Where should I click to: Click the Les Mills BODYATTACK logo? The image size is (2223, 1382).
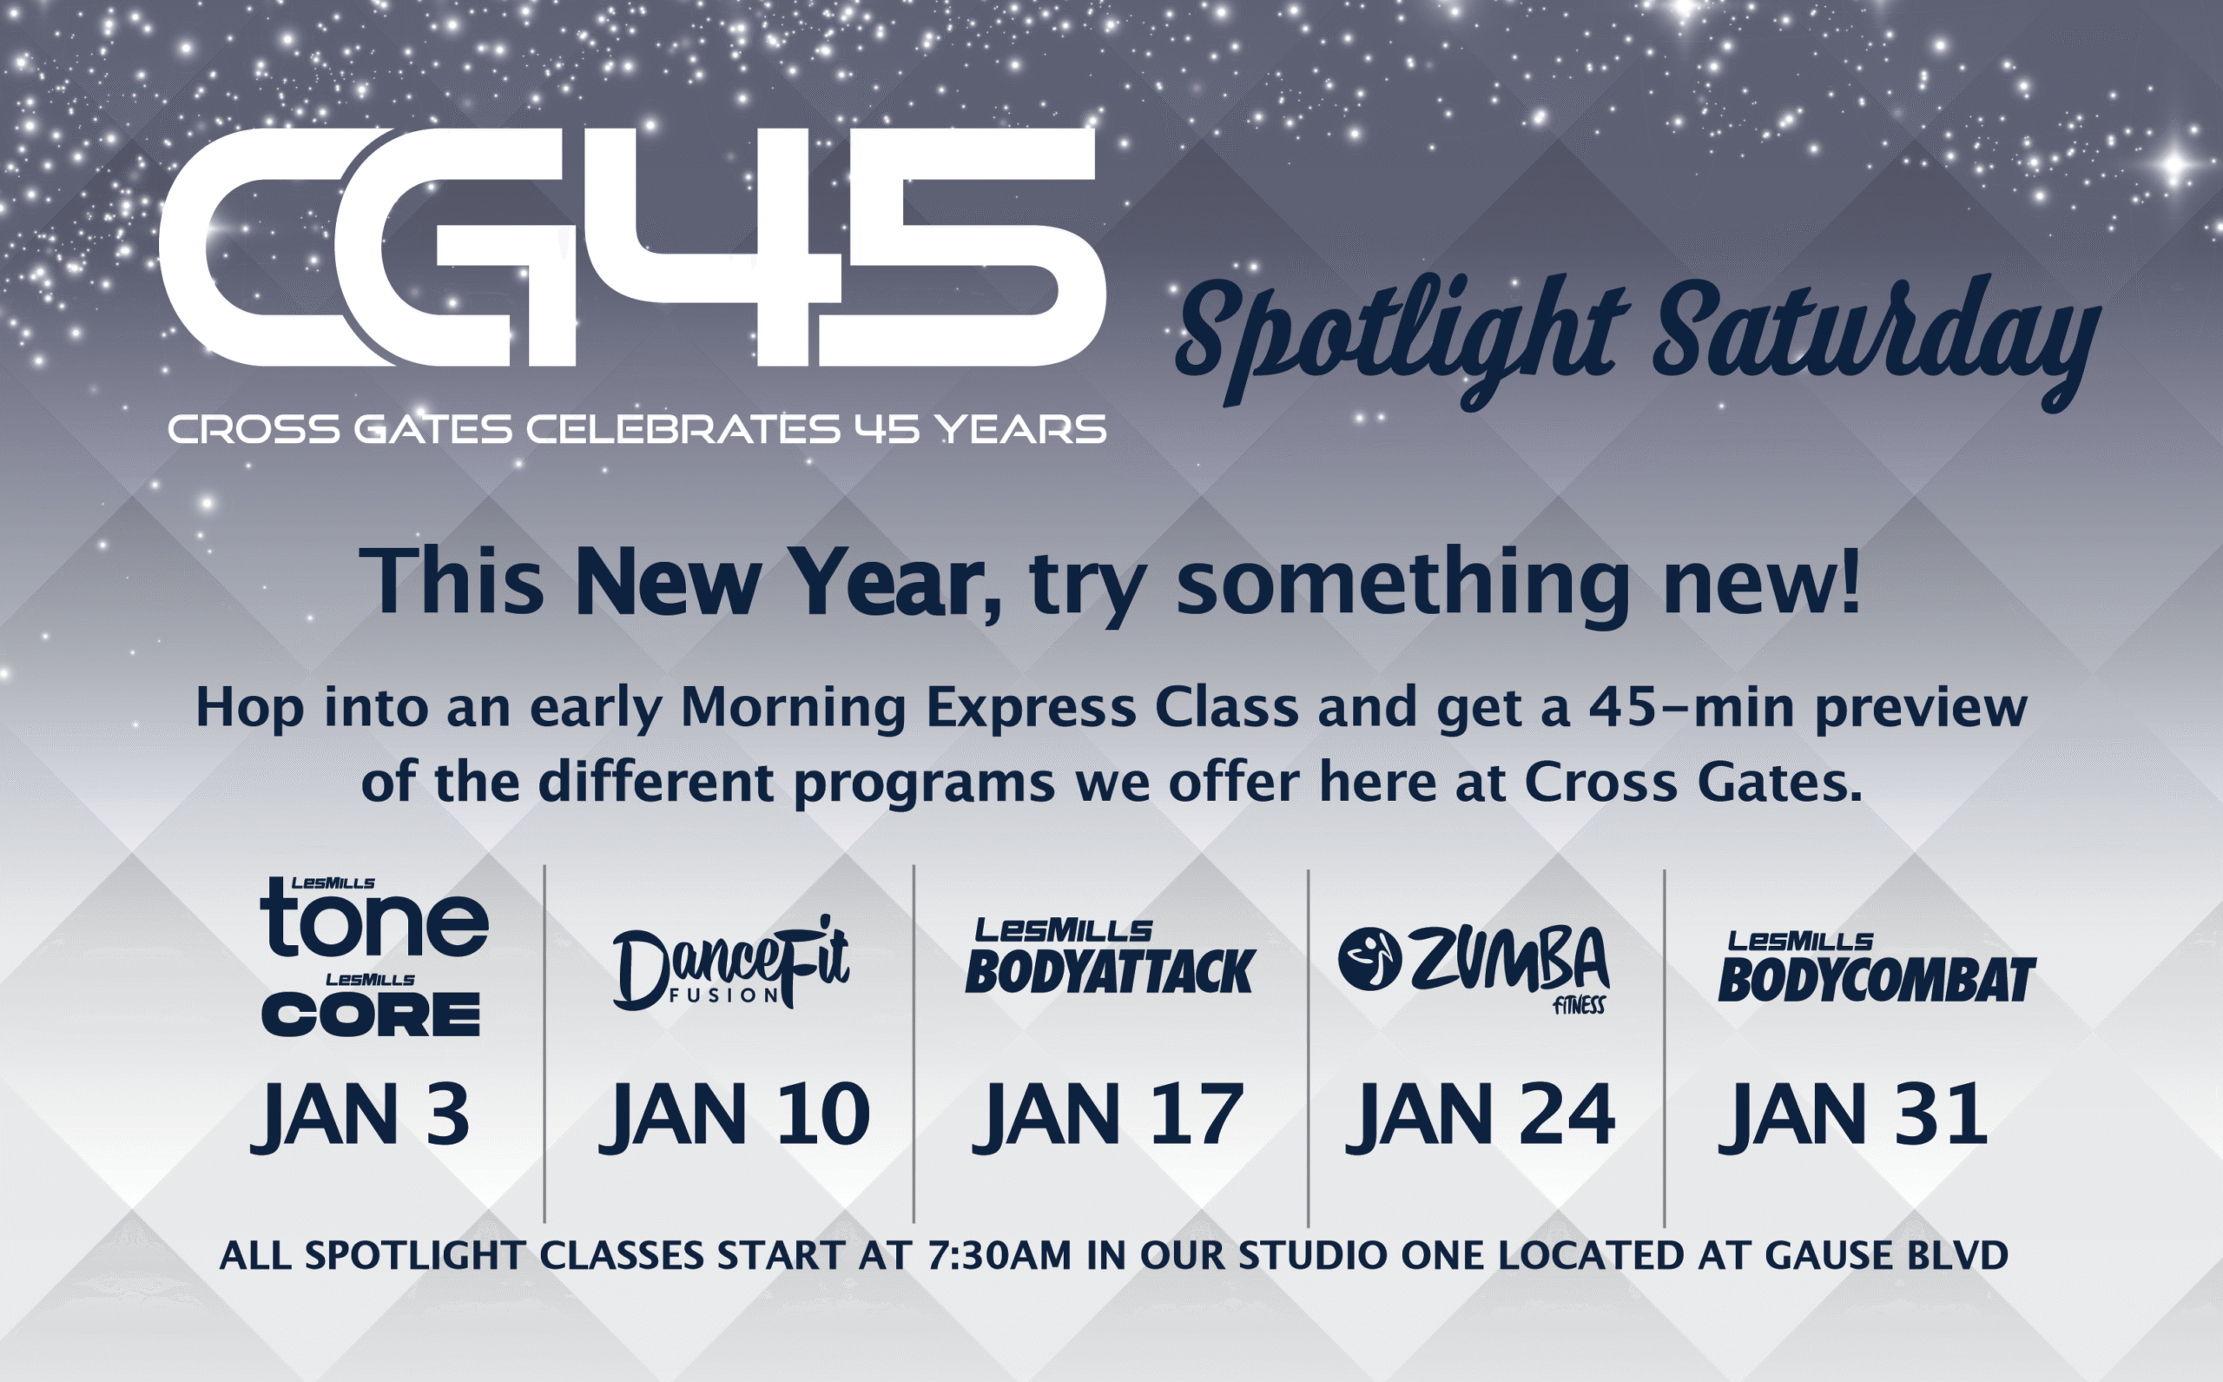[x=1110, y=956]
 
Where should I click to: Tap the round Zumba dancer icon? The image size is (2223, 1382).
[x=1369, y=959]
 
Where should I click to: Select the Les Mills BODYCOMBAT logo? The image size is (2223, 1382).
[x=1877, y=966]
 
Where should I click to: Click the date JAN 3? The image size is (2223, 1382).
[x=361, y=1114]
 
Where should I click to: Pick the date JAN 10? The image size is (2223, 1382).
[x=735, y=1114]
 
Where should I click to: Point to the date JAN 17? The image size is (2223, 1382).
[x=1107, y=1114]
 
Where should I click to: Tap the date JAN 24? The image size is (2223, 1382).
[x=1481, y=1114]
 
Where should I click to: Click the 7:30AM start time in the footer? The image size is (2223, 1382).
[x=999, y=1255]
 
